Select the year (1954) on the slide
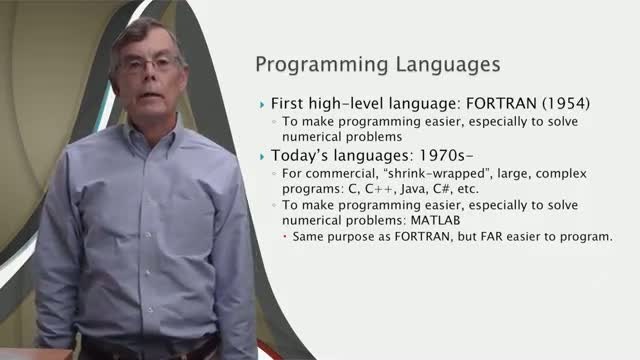[566, 104]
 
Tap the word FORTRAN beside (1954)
[501, 103]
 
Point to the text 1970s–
[446, 155]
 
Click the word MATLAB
[435, 220]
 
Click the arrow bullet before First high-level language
[262, 105]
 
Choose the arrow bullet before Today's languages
[262, 157]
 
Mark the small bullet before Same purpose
[285, 236]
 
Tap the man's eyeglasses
[150, 64]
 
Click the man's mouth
[150, 95]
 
